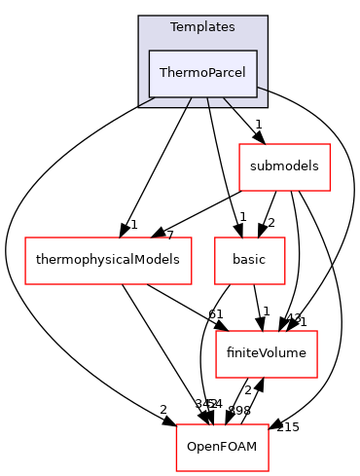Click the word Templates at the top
(202, 27)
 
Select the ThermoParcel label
(202, 74)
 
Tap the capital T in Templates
(173, 27)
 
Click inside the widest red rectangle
(108, 261)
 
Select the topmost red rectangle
(285, 167)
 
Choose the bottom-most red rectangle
(222, 448)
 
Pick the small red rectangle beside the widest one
(250, 261)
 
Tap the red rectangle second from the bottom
(267, 354)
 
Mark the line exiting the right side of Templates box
(262, 89)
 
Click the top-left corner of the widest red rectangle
(25, 238)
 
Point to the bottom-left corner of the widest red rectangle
(25, 284)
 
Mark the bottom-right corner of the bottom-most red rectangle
(269, 471)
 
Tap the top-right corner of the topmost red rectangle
(331, 144)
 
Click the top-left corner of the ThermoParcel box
(149, 51)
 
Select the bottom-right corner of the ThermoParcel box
(257, 97)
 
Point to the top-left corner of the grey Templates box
(138, 16)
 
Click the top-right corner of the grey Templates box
(267, 16)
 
